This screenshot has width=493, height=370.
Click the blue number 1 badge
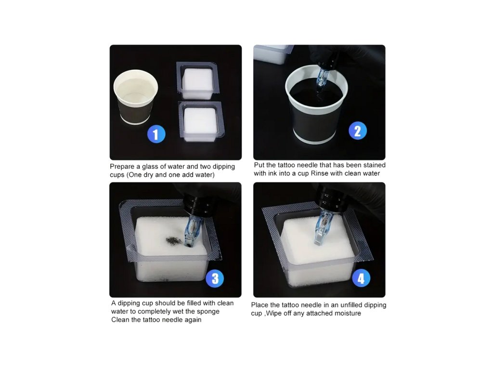(x=156, y=134)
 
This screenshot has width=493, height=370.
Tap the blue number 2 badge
(x=358, y=130)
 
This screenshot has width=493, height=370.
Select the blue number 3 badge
(x=215, y=278)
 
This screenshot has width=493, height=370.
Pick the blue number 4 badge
(x=361, y=278)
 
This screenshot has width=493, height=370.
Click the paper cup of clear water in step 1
(x=135, y=97)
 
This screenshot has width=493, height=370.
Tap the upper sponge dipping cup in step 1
(x=197, y=80)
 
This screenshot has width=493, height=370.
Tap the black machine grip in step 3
(x=196, y=203)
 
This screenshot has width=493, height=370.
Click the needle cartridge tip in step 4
(x=319, y=241)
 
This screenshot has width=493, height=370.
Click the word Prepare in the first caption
(x=122, y=167)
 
